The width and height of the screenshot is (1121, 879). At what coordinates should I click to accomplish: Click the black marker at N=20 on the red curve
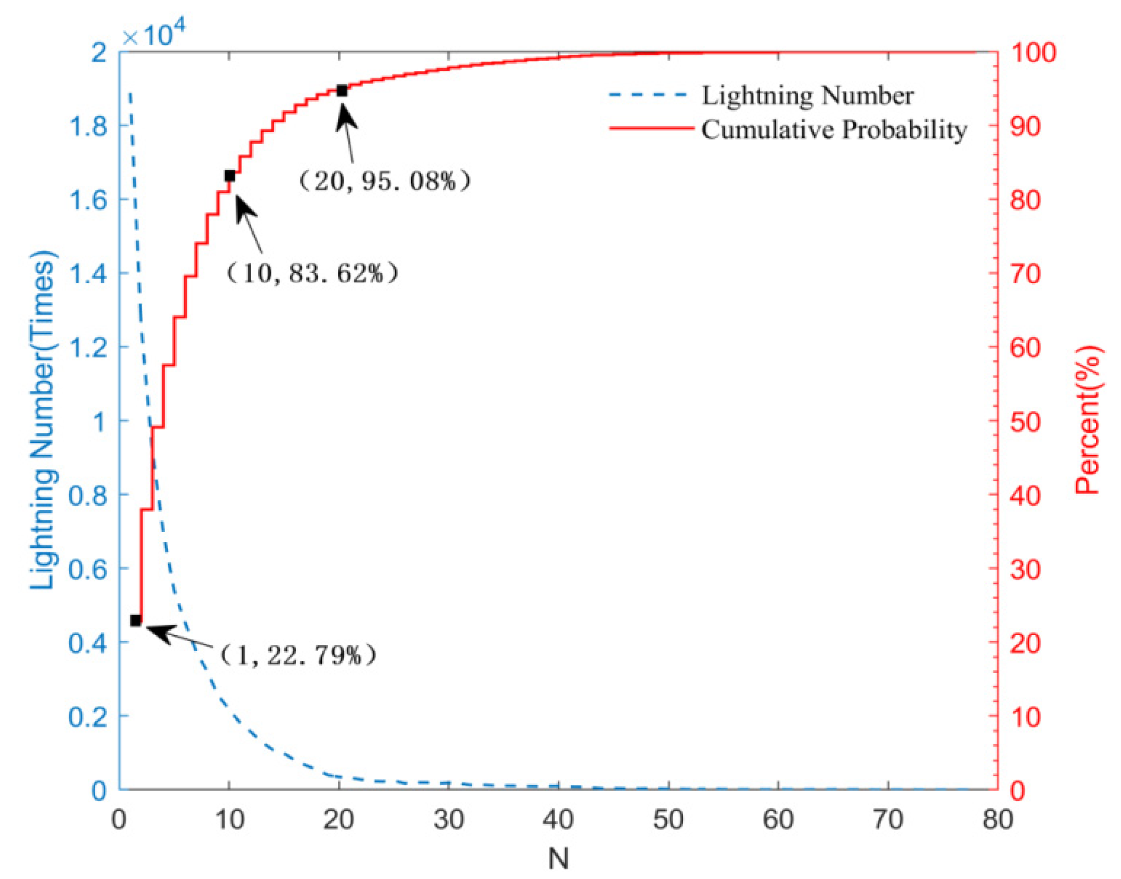tap(342, 91)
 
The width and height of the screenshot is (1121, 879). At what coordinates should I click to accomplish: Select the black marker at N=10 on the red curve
tap(229, 176)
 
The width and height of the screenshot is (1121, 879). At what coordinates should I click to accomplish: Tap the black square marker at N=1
tap(136, 620)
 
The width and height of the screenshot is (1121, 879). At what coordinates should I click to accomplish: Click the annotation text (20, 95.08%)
tap(384, 181)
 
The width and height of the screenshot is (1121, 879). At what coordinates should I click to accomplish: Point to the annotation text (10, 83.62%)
tap(312, 273)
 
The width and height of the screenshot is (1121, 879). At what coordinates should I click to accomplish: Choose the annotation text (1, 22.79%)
tap(298, 654)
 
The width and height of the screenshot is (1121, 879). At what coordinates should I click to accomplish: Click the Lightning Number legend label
tap(807, 96)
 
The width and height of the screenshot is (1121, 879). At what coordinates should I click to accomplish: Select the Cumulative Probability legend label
tap(834, 129)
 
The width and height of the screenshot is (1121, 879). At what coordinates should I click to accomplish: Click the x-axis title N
tap(558, 858)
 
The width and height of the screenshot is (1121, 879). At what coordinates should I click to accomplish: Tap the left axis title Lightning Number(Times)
tap(43, 420)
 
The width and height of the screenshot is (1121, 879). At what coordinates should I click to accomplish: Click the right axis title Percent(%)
tap(1087, 420)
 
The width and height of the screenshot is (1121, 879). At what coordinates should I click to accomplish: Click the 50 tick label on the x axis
tap(669, 820)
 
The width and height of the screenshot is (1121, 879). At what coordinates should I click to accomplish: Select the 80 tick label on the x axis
tap(998, 820)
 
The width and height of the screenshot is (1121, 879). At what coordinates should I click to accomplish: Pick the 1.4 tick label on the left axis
tap(88, 274)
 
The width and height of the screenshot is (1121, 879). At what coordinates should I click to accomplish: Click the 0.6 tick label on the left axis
tap(88, 569)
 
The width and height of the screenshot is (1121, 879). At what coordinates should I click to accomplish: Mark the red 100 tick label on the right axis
tap(1033, 53)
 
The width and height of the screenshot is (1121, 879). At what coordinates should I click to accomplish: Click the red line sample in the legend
tap(652, 128)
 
